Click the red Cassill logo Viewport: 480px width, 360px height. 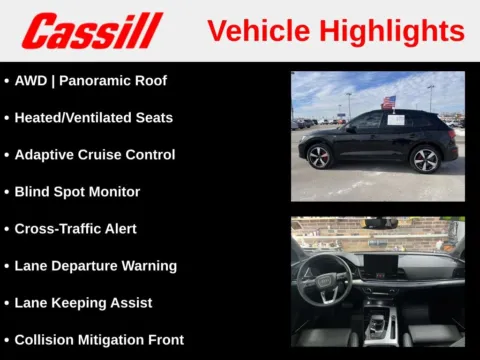click(92, 31)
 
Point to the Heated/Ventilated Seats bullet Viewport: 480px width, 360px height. click(93, 117)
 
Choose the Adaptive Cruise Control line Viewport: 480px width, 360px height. click(94, 154)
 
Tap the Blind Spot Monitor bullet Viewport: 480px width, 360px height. click(77, 191)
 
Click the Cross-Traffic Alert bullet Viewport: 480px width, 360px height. click(75, 228)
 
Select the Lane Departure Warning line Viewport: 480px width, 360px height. click(95, 265)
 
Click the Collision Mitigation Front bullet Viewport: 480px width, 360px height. click(99, 339)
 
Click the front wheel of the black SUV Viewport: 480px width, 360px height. click(319, 157)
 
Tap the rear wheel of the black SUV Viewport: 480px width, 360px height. click(426, 158)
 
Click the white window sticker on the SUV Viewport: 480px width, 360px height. click(395, 120)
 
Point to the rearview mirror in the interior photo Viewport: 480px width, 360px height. click(381, 223)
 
